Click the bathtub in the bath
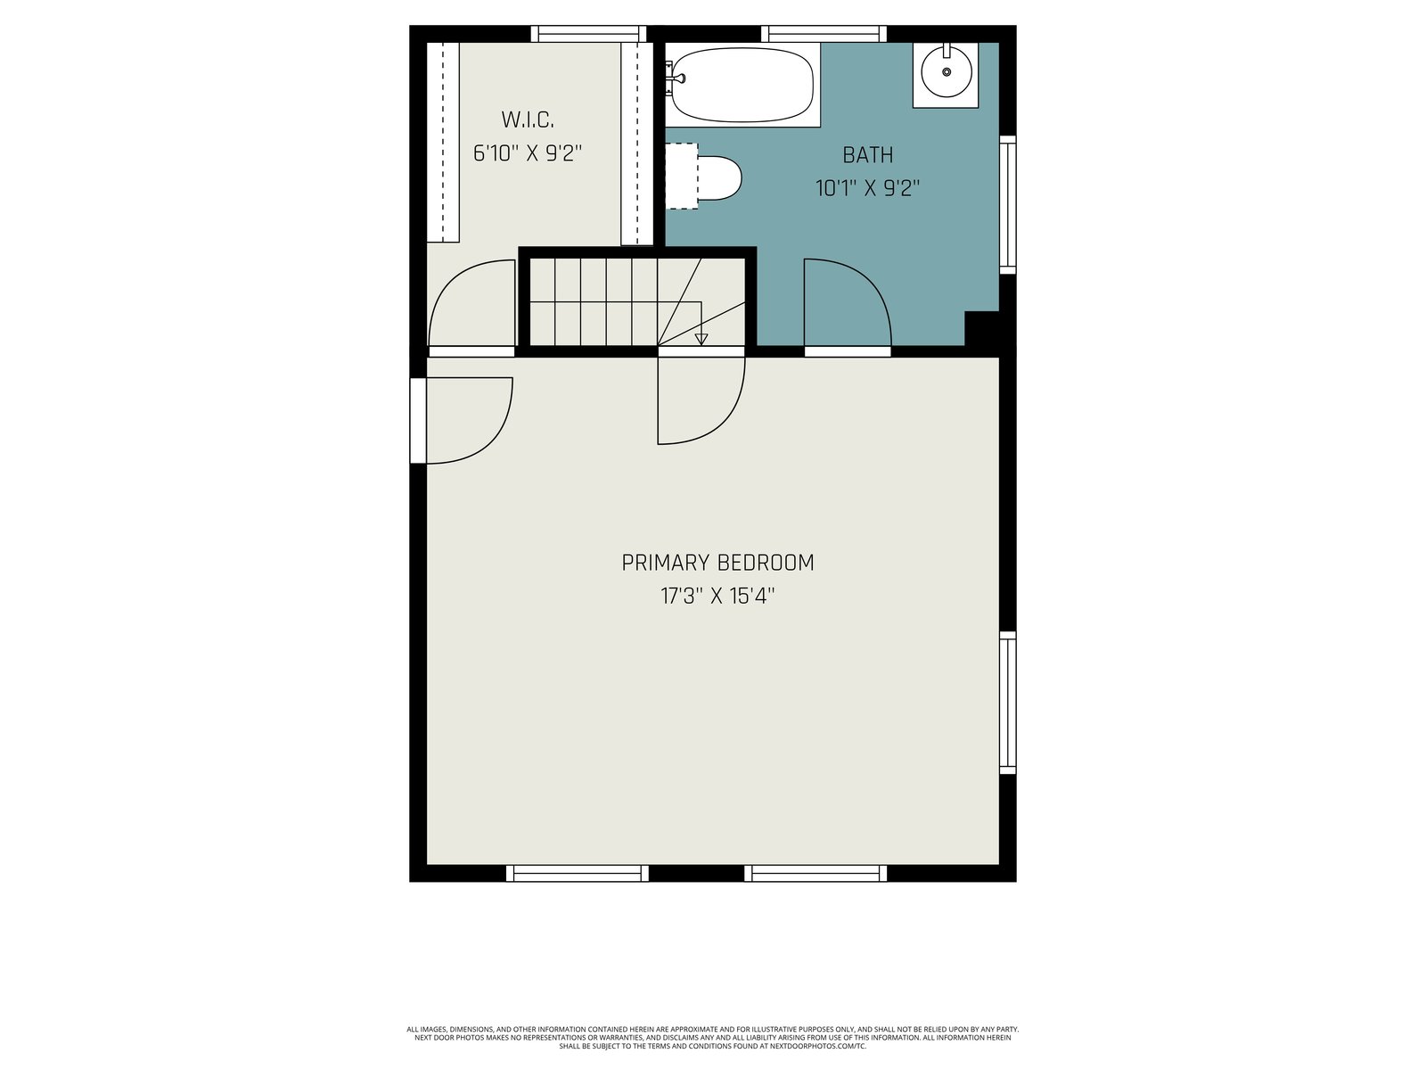(742, 85)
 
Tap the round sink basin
(946, 71)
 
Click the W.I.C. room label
(528, 119)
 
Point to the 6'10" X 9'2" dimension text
(528, 153)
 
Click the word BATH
(868, 154)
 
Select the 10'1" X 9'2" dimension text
(868, 188)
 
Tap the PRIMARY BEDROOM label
(717, 563)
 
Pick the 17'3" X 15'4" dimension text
(717, 596)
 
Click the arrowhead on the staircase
(701, 339)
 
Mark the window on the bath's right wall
(1007, 205)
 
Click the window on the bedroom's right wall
(1007, 703)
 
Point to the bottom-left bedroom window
(577, 873)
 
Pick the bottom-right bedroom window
(815, 873)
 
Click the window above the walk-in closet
(588, 34)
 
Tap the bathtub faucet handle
(679, 78)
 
